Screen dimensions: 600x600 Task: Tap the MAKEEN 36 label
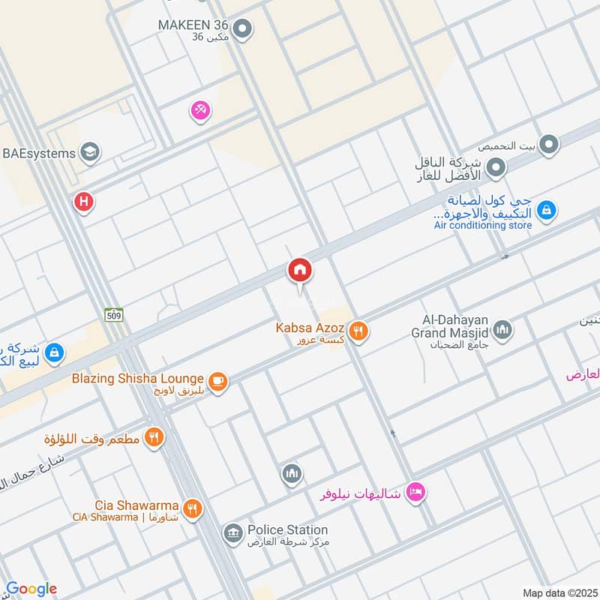[x=193, y=24]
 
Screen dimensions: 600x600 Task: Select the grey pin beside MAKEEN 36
[x=241, y=30]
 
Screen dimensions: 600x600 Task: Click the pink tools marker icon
[x=200, y=111]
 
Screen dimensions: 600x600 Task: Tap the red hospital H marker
[x=83, y=202]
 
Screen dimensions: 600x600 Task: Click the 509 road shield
[x=113, y=313]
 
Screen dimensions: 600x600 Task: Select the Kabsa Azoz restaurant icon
[x=358, y=330]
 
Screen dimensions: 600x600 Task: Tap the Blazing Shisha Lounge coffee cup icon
[x=217, y=381]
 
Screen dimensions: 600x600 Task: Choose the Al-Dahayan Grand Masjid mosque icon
[x=502, y=328]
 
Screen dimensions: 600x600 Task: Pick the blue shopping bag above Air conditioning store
[x=547, y=210]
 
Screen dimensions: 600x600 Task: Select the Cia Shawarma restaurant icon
[x=193, y=508]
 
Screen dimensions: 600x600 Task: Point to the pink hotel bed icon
[x=413, y=493]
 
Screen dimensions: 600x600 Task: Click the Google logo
[x=31, y=589]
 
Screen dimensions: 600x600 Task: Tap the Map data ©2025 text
[x=559, y=592]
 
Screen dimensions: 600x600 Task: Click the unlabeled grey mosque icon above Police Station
[x=291, y=474]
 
